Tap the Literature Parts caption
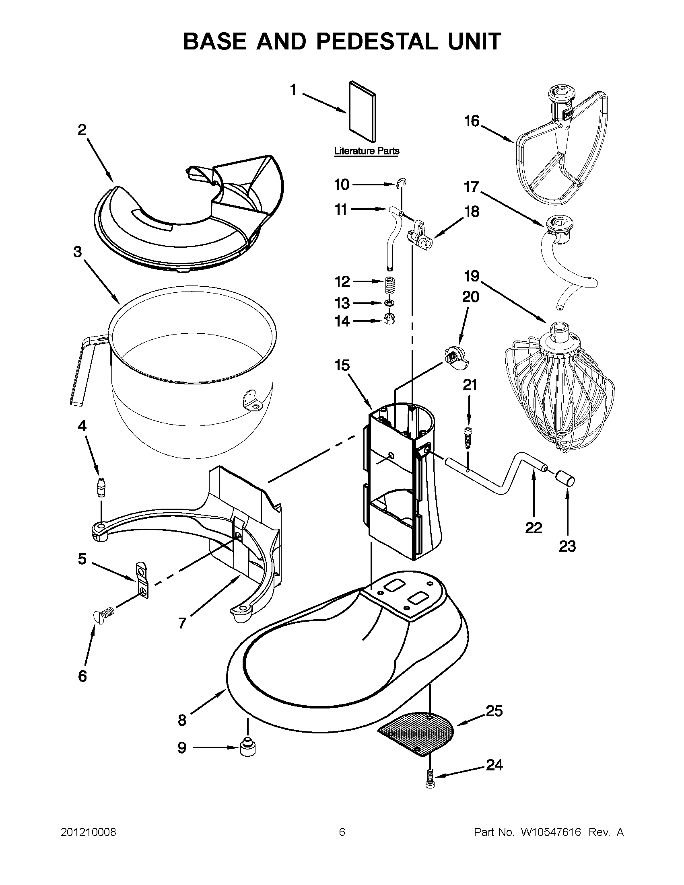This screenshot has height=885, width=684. tap(367, 151)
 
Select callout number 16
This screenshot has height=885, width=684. tap(472, 121)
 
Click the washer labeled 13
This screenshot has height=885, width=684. tap(389, 303)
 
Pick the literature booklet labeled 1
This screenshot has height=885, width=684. tap(362, 112)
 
